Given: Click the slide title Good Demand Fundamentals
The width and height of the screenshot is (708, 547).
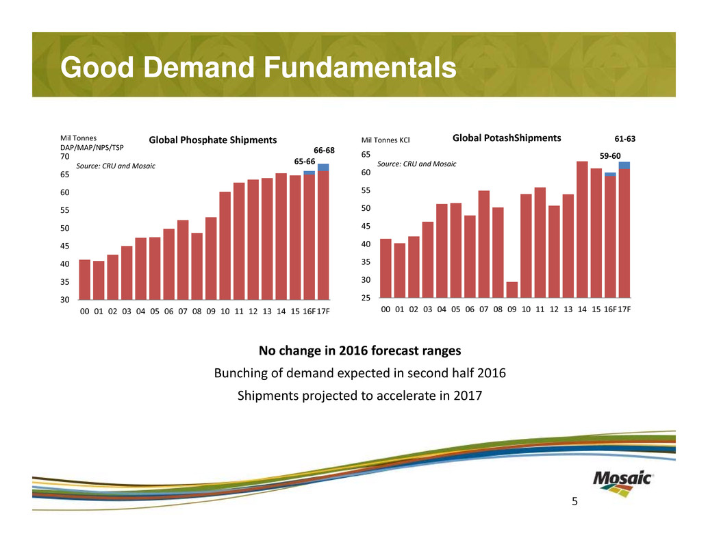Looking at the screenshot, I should click(257, 68).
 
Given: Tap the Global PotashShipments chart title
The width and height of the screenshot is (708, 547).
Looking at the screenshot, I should click(507, 138).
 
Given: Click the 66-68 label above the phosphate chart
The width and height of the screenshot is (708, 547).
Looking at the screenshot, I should click(324, 150).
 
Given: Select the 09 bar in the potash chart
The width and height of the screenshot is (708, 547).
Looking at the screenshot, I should click(512, 290).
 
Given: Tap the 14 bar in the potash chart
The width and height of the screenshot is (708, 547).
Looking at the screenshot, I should click(582, 229).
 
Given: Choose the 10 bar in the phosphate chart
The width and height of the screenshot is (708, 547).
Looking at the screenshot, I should click(225, 245).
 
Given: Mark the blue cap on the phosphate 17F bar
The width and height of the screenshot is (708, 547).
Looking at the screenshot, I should click(323, 167).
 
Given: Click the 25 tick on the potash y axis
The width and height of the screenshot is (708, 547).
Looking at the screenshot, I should click(366, 298).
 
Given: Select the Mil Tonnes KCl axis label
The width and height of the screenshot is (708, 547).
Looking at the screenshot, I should click(385, 141).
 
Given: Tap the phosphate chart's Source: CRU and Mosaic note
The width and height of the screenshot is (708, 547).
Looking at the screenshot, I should click(116, 166).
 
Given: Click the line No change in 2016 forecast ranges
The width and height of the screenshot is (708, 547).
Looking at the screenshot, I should click(359, 351).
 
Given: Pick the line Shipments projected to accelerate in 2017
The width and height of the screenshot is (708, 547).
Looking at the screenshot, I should click(359, 396).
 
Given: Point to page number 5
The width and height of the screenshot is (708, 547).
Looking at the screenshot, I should click(574, 502).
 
